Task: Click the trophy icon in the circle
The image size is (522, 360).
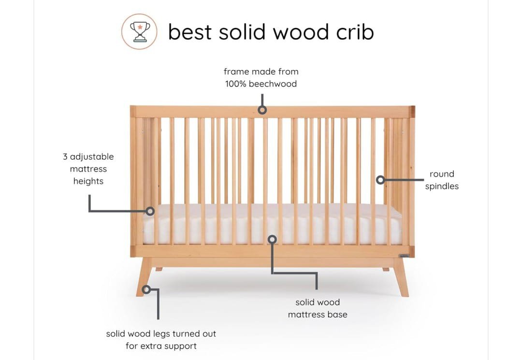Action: (140, 31)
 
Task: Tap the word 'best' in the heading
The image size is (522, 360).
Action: (190, 32)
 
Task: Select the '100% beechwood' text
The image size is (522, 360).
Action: (261, 84)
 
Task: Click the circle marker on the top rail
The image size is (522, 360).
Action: (262, 110)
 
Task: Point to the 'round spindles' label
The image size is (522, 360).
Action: (442, 180)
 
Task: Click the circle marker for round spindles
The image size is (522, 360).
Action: (380, 180)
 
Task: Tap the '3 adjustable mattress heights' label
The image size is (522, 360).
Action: (88, 169)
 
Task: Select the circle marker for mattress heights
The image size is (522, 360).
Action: (150, 211)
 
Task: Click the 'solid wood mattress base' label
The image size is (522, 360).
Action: (318, 308)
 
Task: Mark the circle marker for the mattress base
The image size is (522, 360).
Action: (272, 239)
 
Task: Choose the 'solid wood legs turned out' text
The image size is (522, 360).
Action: (161, 334)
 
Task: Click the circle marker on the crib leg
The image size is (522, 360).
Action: (146, 289)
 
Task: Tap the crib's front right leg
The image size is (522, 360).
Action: (401, 277)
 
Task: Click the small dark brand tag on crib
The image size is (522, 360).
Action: (404, 256)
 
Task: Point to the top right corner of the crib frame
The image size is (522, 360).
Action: (415, 106)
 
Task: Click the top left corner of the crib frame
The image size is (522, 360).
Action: (130, 106)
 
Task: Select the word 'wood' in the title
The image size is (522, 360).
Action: (301, 32)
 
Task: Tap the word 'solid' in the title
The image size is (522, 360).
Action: (242, 32)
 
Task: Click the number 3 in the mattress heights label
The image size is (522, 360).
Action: (65, 157)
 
